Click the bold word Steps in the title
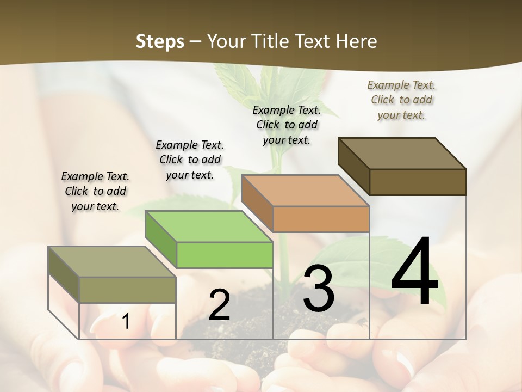160,41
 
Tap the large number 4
414,272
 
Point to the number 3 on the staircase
319,289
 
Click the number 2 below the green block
219,305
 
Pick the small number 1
126,321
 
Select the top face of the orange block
305,191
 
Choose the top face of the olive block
112,261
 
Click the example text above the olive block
95,191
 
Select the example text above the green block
190,160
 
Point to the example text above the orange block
287,125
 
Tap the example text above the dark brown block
401,100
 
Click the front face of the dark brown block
418,182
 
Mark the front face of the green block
225,255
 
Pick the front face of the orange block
321,219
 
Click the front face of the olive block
127,290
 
